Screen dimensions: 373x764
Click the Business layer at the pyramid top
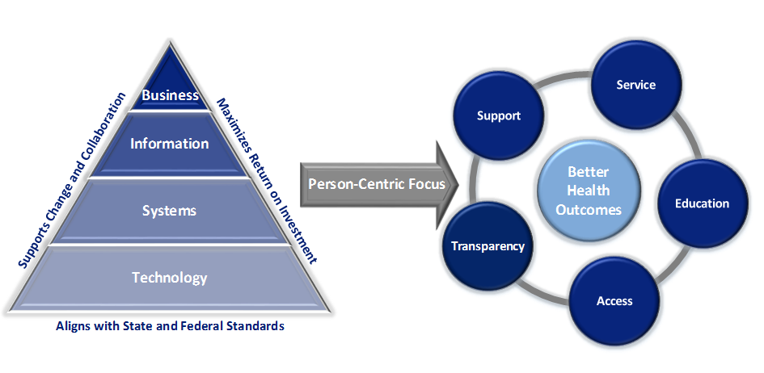tap(170, 94)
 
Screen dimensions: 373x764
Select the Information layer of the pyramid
tap(170, 144)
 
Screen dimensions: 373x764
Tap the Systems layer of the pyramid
tap(170, 211)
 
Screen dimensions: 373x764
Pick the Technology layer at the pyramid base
tap(170, 278)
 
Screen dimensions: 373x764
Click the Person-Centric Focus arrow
tap(377, 183)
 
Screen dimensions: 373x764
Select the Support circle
tap(499, 115)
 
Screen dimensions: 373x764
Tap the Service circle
tap(635, 85)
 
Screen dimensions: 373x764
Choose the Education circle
tap(702, 203)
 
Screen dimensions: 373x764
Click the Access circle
tap(614, 301)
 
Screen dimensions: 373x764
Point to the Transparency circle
tap(488, 246)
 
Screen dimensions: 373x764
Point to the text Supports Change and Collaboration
tap(73, 180)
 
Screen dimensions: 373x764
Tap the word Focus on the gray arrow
tap(426, 183)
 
